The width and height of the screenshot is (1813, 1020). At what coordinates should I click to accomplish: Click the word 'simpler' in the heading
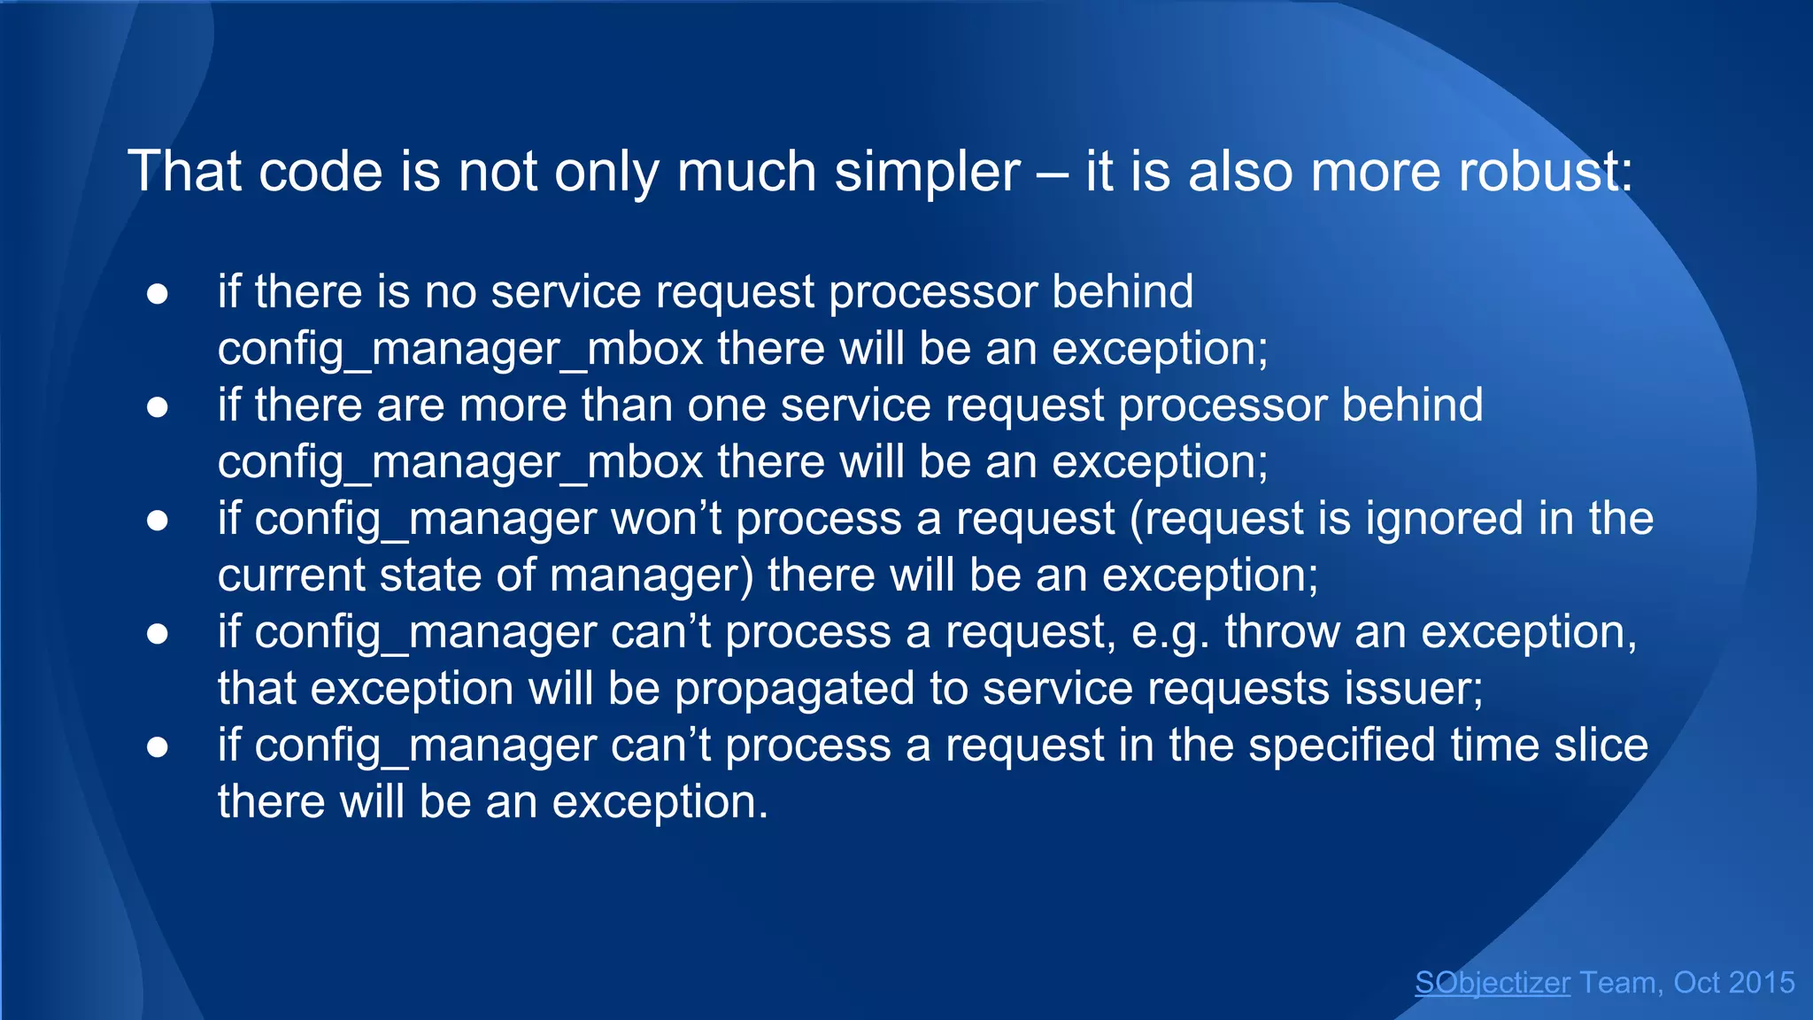(927, 172)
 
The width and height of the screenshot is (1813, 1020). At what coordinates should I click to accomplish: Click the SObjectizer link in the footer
(1492, 983)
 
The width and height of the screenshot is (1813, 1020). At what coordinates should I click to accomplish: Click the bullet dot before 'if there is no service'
(158, 294)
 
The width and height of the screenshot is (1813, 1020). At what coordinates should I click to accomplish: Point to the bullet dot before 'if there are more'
(158, 407)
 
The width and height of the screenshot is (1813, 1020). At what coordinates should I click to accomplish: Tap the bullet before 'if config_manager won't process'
(158, 521)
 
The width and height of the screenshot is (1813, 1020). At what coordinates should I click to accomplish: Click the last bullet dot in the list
(158, 747)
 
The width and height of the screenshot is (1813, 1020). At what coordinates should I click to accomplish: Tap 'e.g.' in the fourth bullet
(1170, 633)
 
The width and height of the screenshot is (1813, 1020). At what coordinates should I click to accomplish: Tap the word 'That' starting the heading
(184, 172)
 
